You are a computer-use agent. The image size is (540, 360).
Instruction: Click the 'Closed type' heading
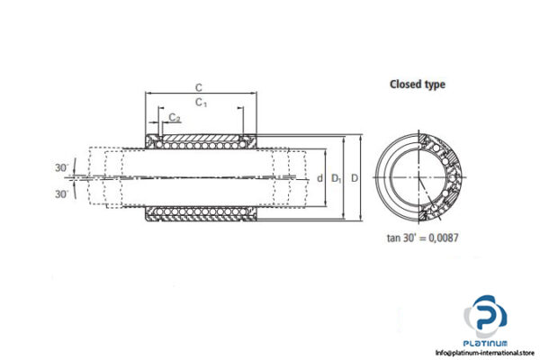tap(417, 85)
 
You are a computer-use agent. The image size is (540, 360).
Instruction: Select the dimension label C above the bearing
tap(197, 86)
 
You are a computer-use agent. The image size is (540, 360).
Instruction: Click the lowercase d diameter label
tap(319, 178)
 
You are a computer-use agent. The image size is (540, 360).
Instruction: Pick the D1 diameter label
tap(336, 178)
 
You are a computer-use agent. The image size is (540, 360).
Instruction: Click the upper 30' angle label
tap(59, 168)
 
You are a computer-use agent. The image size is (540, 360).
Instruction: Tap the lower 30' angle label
tap(59, 193)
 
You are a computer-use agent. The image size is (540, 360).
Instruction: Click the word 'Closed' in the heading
tap(404, 85)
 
